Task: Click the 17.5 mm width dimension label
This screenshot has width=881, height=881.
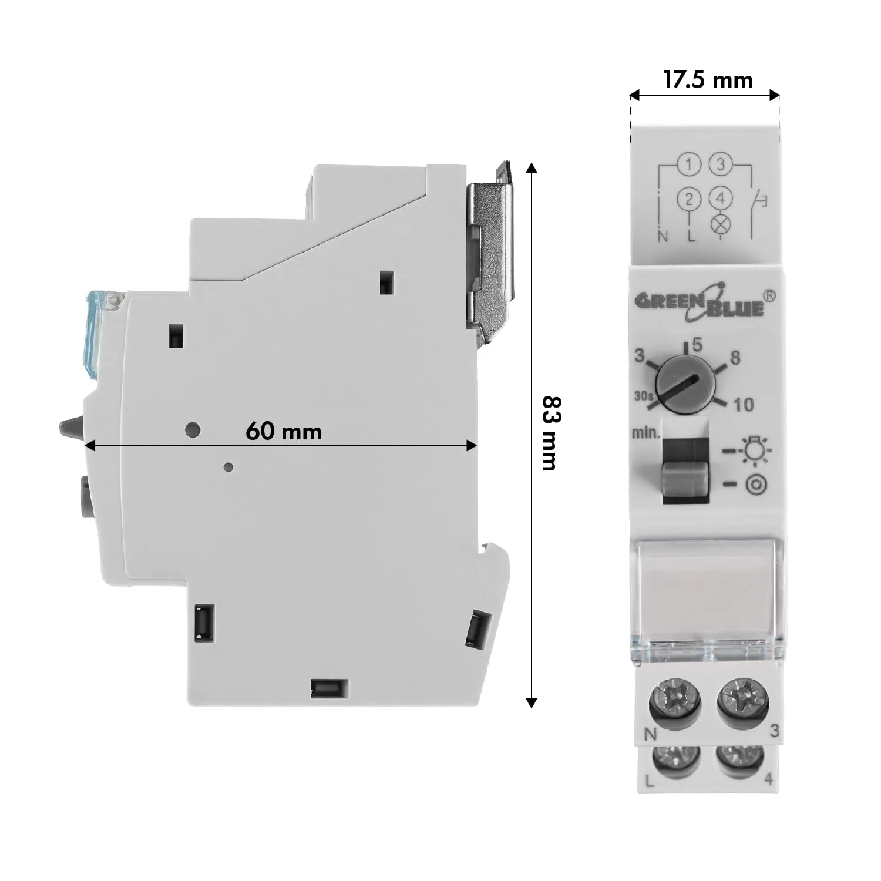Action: tap(708, 79)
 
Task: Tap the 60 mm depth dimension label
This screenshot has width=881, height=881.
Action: tap(284, 432)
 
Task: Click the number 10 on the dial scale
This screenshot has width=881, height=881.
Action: tap(744, 404)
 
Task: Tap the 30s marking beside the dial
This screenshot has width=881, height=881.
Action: tap(644, 396)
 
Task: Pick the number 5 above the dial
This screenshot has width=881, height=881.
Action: tap(697, 345)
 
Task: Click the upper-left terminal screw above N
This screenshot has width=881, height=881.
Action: tap(675, 700)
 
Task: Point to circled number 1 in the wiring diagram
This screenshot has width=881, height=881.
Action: tap(688, 165)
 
